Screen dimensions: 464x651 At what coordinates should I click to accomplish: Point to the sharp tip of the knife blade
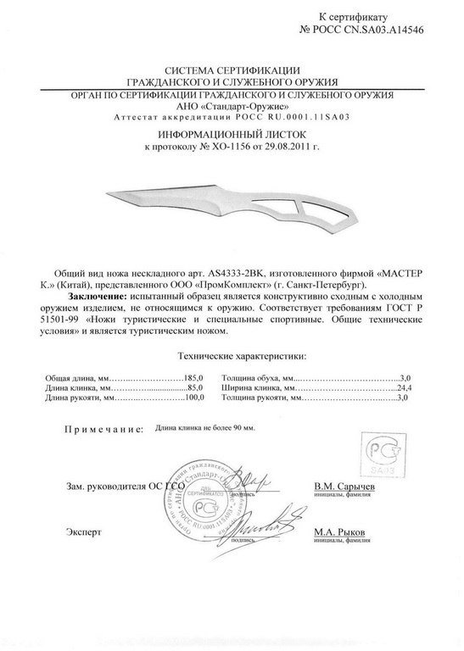(106, 195)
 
